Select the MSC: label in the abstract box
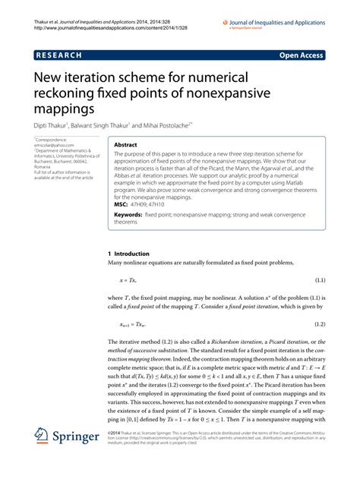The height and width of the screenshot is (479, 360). click(x=121, y=204)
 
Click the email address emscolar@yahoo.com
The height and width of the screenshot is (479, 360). click(x=53, y=146)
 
